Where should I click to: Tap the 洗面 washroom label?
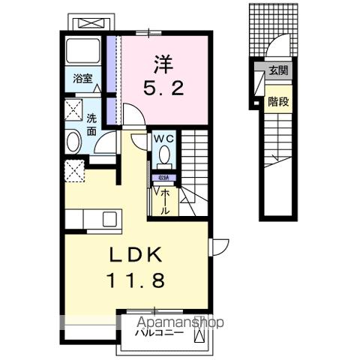(x=91, y=124)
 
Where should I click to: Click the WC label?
(x=163, y=139)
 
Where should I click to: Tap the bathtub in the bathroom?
(x=83, y=52)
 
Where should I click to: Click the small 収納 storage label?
(x=163, y=178)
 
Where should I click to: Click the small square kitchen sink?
(x=109, y=219)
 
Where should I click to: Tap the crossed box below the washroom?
(x=75, y=170)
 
